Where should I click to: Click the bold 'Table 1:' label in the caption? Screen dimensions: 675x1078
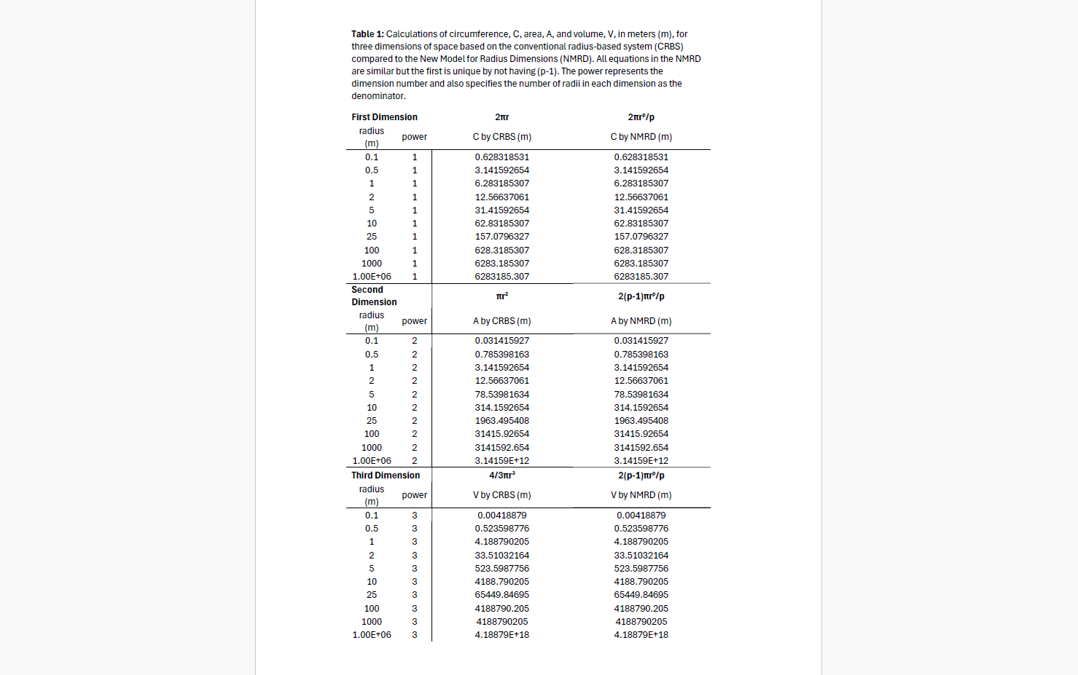click(367, 34)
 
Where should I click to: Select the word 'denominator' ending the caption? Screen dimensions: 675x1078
click(378, 96)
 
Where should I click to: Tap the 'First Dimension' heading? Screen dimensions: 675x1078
click(384, 117)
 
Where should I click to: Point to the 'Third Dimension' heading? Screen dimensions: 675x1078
click(386, 475)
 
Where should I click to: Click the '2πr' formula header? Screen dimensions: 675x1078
click(501, 117)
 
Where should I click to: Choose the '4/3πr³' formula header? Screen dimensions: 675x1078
click(501, 475)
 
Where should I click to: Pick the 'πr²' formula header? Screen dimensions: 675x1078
click(501, 296)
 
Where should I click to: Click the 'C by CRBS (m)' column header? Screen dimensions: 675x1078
click(501, 137)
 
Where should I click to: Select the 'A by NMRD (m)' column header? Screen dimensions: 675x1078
click(641, 321)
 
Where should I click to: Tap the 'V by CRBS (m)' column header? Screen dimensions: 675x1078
click(501, 495)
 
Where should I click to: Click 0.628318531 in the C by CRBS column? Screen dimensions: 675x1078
click(501, 157)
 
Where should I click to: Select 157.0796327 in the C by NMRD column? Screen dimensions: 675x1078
click(641, 237)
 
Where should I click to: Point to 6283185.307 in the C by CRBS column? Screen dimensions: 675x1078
click(501, 277)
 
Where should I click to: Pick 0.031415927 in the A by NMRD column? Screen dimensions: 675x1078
click(641, 341)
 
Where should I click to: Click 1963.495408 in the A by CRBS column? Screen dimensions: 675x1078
click(501, 421)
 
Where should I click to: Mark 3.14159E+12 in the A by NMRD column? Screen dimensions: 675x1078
click(641, 461)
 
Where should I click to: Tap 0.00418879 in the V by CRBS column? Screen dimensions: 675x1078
click(501, 516)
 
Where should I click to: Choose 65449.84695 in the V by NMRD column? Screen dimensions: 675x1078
click(641, 595)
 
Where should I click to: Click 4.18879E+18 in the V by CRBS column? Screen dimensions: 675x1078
click(501, 635)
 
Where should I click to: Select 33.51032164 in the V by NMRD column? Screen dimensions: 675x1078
click(641, 556)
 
